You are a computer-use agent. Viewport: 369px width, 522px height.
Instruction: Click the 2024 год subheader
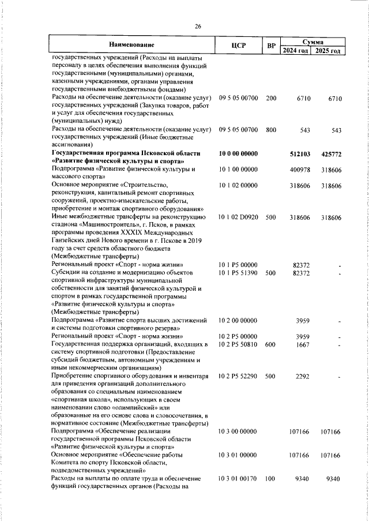pyautogui.click(x=296, y=51)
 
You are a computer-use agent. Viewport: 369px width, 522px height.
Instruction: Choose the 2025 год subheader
pyautogui.click(x=327, y=51)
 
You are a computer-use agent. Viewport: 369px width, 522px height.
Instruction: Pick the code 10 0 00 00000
pyautogui.click(x=238, y=154)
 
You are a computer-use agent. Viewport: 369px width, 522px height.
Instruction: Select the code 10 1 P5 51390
pyautogui.click(x=238, y=272)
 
